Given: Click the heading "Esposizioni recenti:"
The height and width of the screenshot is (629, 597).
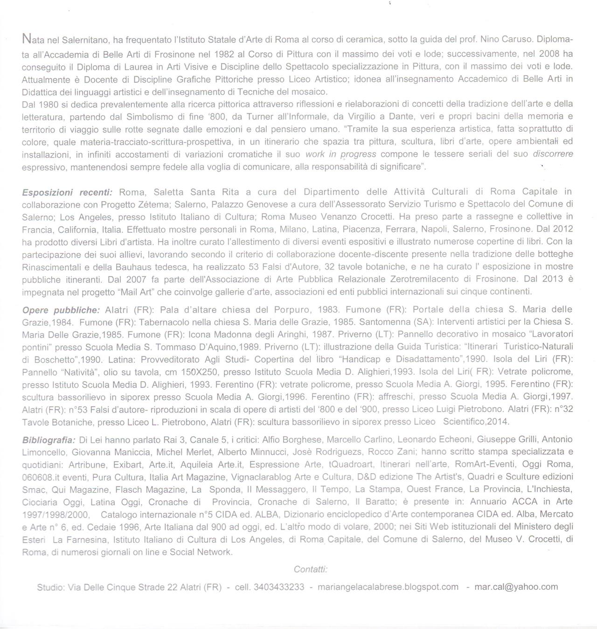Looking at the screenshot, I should pyautogui.click(x=67, y=192).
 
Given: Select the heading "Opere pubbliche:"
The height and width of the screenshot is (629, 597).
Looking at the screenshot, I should pyautogui.click(x=61, y=309).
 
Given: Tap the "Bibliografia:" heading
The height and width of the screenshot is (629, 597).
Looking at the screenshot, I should pyautogui.click(x=49, y=440).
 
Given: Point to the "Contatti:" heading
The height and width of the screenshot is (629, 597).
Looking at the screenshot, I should pyautogui.click(x=311, y=569).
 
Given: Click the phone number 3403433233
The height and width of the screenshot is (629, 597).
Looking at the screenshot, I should pyautogui.click(x=279, y=587).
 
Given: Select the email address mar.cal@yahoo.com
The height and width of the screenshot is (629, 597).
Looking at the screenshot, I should pyautogui.click(x=516, y=587).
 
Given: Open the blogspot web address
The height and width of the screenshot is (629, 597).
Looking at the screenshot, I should pyautogui.click(x=388, y=587).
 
